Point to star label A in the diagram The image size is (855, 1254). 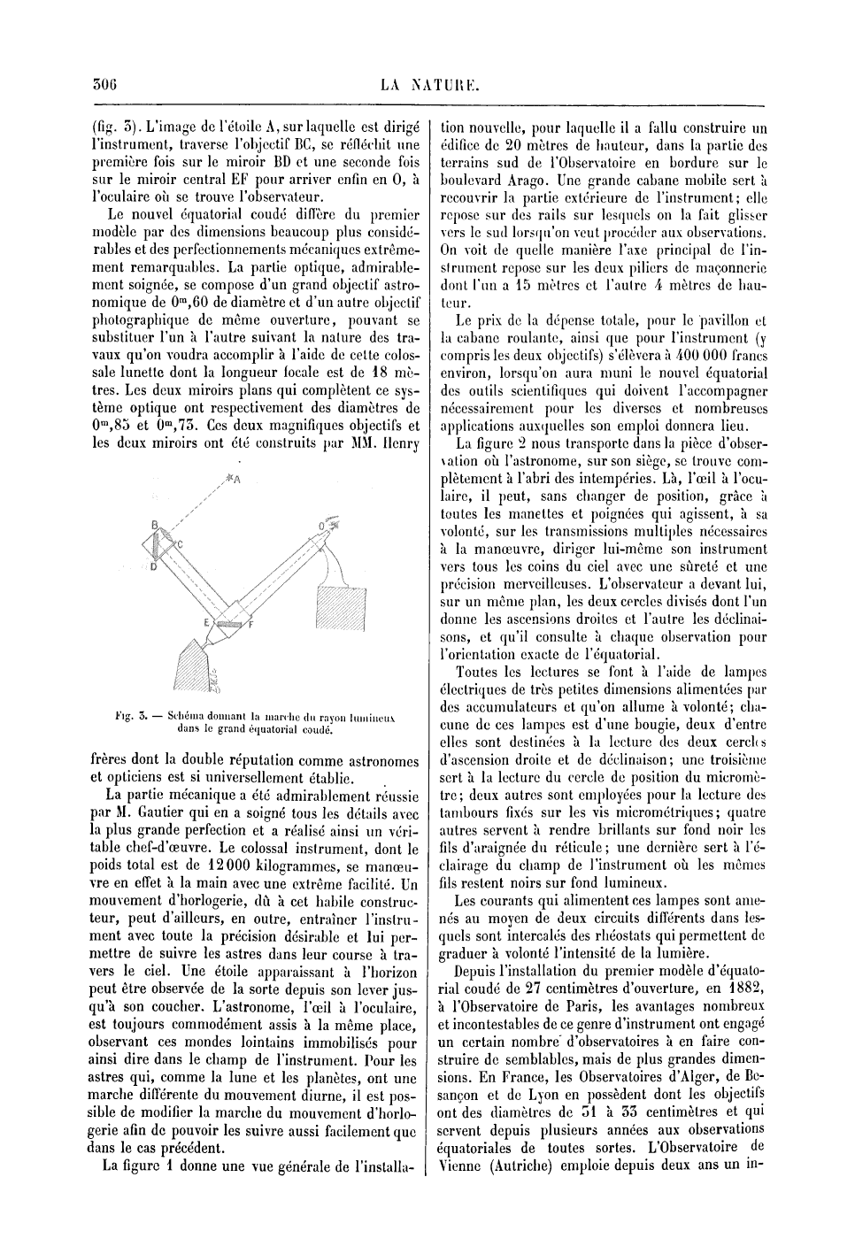coord(238,479)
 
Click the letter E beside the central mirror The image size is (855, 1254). coord(207,623)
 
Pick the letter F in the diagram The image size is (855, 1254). coord(252,626)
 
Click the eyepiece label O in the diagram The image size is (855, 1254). coord(322,527)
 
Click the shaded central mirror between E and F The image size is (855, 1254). coord(229,624)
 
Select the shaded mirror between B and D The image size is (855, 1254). coord(163,547)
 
